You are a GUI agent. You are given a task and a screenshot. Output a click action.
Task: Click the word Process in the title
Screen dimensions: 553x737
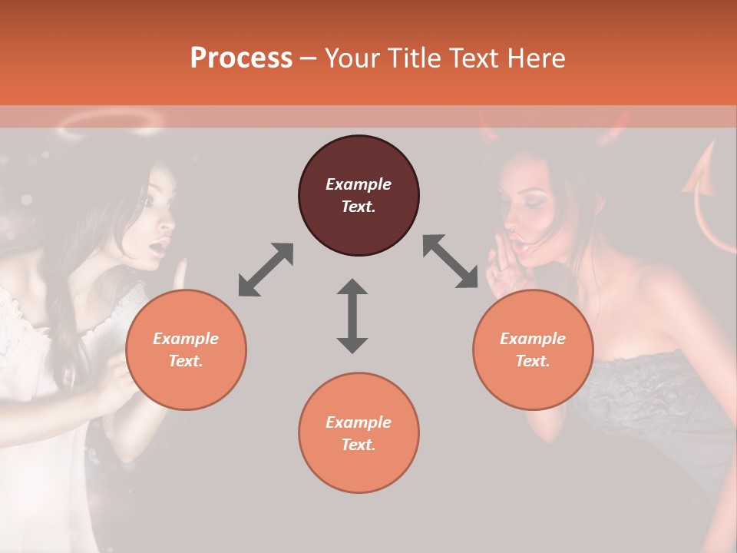tap(241, 58)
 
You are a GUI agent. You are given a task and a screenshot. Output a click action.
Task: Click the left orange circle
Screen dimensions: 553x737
tap(186, 349)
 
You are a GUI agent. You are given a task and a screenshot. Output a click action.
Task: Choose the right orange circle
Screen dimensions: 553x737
tap(533, 349)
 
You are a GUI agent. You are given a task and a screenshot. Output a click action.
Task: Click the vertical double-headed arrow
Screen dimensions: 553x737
tap(352, 316)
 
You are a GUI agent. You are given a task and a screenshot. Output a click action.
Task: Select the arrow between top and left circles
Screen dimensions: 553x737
tap(266, 269)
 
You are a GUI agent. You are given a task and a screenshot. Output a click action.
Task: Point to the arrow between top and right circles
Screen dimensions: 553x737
tap(451, 261)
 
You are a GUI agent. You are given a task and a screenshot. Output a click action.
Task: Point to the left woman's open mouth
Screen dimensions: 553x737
tap(159, 248)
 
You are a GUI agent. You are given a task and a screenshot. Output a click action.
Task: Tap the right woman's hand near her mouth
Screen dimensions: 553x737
tap(500, 269)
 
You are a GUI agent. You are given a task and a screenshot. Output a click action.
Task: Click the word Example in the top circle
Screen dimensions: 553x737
tap(359, 184)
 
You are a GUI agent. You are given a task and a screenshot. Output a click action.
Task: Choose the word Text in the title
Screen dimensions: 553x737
tap(474, 58)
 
